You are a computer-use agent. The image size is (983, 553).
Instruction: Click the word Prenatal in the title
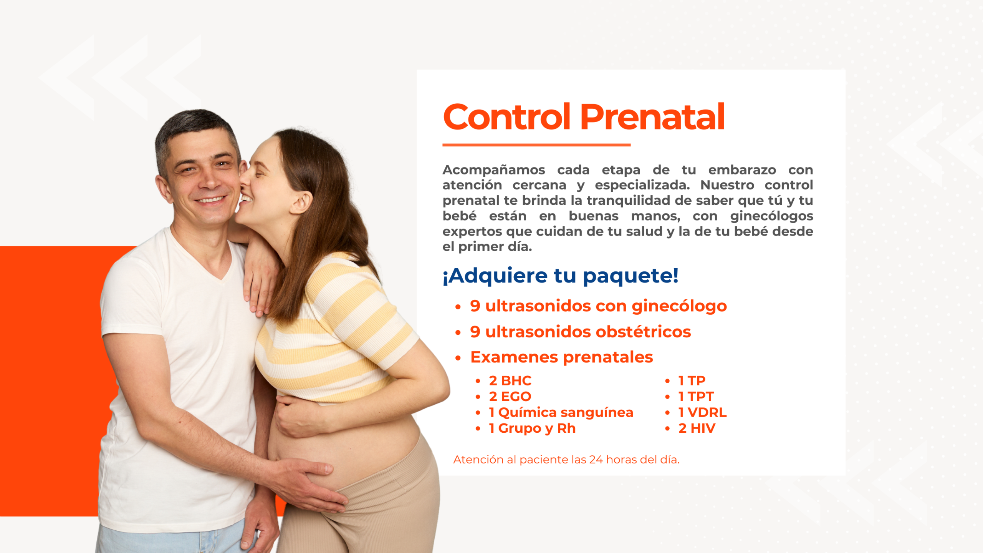pos(652,117)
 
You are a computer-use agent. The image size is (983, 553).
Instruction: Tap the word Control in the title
pos(506,117)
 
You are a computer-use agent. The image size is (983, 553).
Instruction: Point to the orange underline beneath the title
pos(536,145)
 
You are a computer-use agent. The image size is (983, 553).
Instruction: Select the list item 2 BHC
pos(510,380)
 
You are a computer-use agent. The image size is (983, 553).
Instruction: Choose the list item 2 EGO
pos(510,396)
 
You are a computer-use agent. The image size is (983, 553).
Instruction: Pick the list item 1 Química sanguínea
pos(561,412)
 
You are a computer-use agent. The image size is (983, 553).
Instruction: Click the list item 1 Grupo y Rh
pos(532,428)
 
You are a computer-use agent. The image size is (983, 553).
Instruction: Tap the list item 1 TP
pos(692,380)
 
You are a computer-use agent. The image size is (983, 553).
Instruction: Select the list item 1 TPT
pos(696,396)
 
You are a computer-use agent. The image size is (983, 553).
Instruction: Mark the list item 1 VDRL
pos(702,412)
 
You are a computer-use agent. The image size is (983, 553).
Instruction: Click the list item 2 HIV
pos(697,428)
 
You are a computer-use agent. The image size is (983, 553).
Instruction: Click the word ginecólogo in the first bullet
pos(679,307)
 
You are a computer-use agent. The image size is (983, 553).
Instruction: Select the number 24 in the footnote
pos(596,460)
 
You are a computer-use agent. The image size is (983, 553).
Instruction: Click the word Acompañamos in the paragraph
pos(494,170)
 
